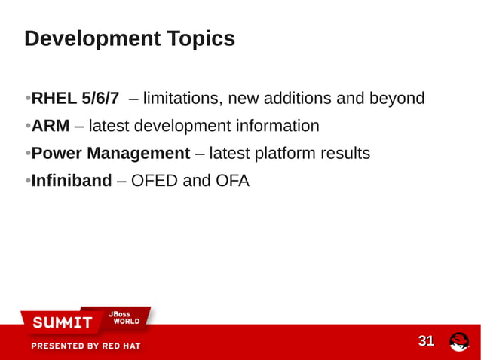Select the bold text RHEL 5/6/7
point(75,99)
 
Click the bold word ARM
point(51,126)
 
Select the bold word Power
point(57,154)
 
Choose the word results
point(345,154)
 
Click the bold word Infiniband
point(72,181)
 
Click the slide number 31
point(426,341)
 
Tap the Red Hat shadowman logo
point(459,342)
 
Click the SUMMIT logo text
point(62,323)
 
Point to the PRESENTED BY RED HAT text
point(85,346)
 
